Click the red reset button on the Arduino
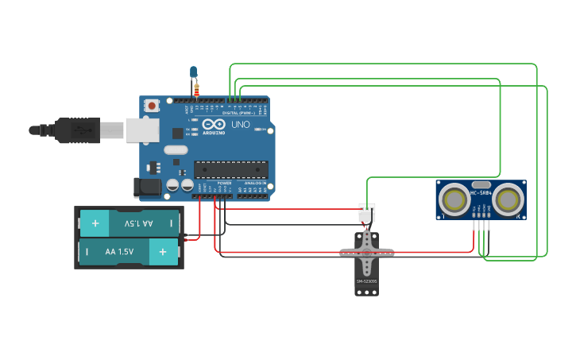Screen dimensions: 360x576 [151, 105]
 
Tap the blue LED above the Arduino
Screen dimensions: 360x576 [193, 72]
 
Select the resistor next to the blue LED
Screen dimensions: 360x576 [197, 88]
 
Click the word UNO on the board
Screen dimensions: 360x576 [240, 125]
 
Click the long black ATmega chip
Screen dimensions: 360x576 [230, 169]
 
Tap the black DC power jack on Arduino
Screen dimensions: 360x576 [146, 188]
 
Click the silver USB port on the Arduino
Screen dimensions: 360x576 [142, 130]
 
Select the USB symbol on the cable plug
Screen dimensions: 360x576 [79, 130]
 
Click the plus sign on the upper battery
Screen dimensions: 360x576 [95, 224]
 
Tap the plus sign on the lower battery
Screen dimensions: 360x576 [163, 252]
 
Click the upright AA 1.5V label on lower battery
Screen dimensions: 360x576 [120, 252]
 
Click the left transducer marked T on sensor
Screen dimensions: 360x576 [455, 199]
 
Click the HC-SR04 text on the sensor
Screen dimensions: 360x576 [480, 192]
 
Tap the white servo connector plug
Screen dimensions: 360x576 [366, 213]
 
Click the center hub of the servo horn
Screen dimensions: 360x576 [366, 253]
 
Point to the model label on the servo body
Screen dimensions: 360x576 [365, 281]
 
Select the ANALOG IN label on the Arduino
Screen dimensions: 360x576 [254, 183]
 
